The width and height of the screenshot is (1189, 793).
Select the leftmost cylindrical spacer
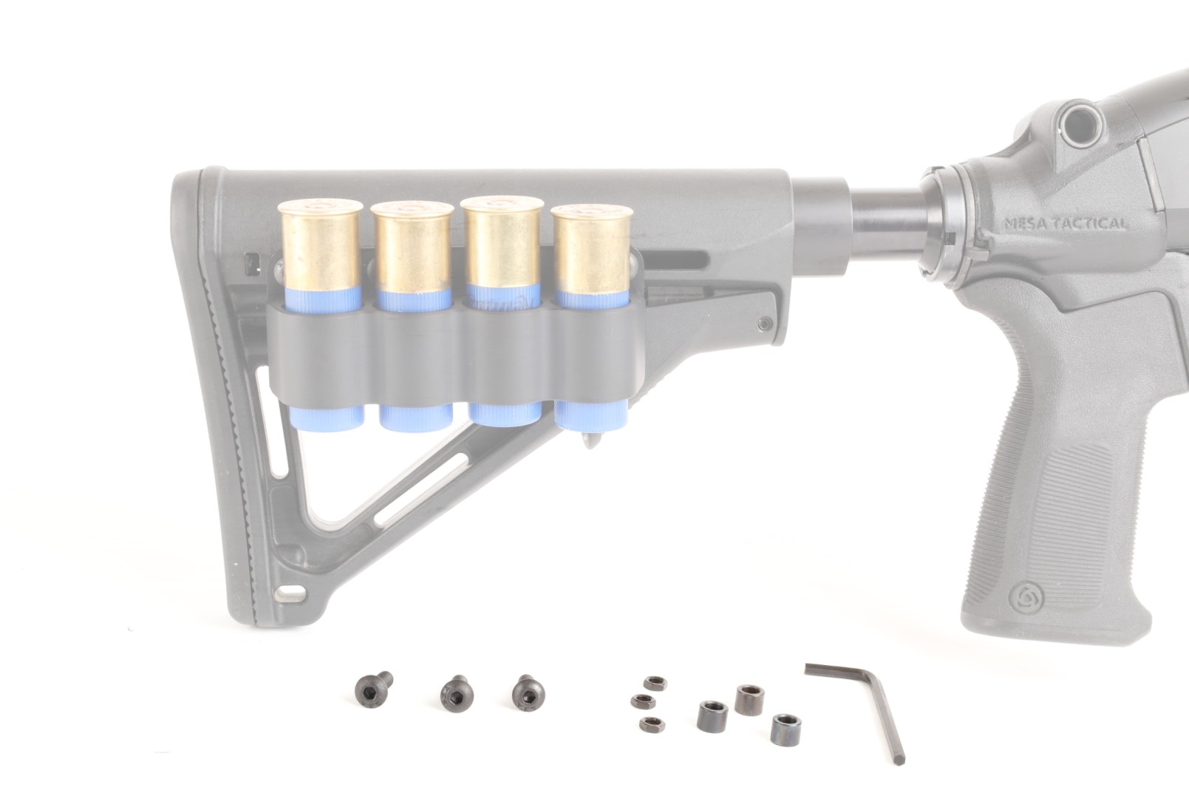(712, 716)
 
